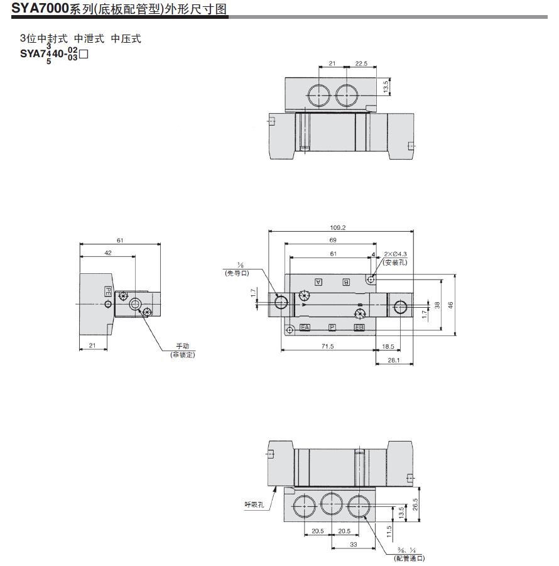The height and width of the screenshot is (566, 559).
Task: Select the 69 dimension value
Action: coord(332,241)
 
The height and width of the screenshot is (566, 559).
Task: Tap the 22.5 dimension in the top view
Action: coord(361,64)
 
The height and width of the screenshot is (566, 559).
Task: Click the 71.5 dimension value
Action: coord(327,346)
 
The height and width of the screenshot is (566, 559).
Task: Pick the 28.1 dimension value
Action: coord(393,360)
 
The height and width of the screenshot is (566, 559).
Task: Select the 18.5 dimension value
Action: coord(388,346)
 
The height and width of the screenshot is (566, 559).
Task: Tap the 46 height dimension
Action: coord(450,305)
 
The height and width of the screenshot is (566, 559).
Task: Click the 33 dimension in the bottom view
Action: coord(354,545)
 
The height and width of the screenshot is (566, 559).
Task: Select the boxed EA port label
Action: coord(305,328)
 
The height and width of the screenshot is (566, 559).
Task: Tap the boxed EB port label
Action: coord(359,328)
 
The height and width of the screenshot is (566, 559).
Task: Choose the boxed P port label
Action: coord(332,328)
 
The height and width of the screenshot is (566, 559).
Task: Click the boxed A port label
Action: coord(318,282)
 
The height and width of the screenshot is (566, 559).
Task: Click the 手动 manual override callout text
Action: coord(182,347)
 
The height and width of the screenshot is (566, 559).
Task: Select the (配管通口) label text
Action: coord(409,558)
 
